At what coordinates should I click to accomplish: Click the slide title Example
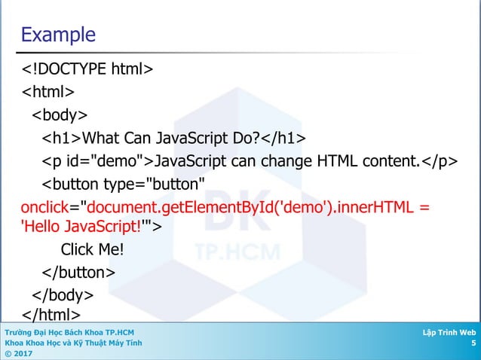[x=58, y=35]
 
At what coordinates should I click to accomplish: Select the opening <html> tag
[x=47, y=93]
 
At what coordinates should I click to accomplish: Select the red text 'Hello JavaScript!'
[x=82, y=225]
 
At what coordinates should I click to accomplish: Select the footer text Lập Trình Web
[x=450, y=332]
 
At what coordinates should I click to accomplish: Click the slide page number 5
[x=473, y=343]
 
